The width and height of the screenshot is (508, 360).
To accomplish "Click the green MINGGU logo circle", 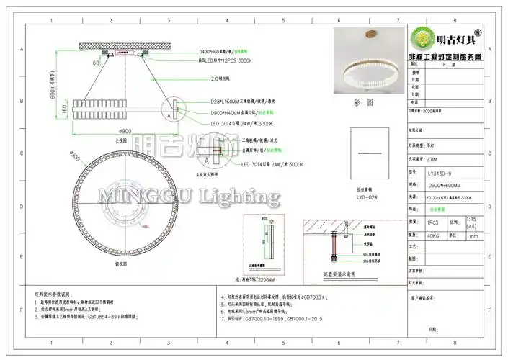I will point(422,37).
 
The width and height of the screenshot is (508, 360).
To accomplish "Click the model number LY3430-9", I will point(441,173).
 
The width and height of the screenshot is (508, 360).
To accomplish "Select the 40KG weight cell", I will point(435,235).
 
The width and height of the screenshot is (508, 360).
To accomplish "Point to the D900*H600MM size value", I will point(445,185).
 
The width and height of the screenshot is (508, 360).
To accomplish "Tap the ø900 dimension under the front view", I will point(125,131).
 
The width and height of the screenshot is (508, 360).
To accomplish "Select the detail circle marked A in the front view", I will point(169,114).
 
